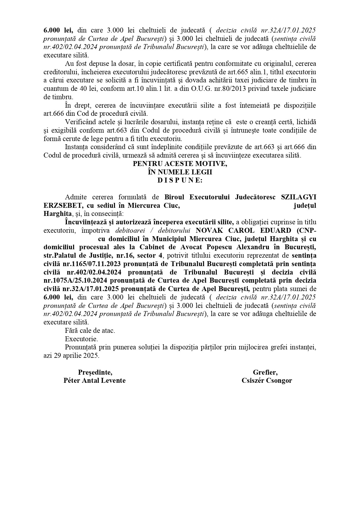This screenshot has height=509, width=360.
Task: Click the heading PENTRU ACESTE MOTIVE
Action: click(x=180, y=164)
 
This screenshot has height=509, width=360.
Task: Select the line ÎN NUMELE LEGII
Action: click(x=180, y=172)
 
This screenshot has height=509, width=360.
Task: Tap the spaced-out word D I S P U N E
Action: click(x=180, y=181)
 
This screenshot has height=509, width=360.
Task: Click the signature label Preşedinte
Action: click(x=95, y=372)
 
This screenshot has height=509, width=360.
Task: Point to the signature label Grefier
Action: click(x=265, y=372)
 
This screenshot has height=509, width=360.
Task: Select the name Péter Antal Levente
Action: click(x=95, y=381)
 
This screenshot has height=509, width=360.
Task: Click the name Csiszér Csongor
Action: click(x=267, y=381)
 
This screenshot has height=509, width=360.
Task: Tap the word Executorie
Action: click(x=82, y=339)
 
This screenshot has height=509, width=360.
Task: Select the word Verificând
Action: click(x=80, y=122)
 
